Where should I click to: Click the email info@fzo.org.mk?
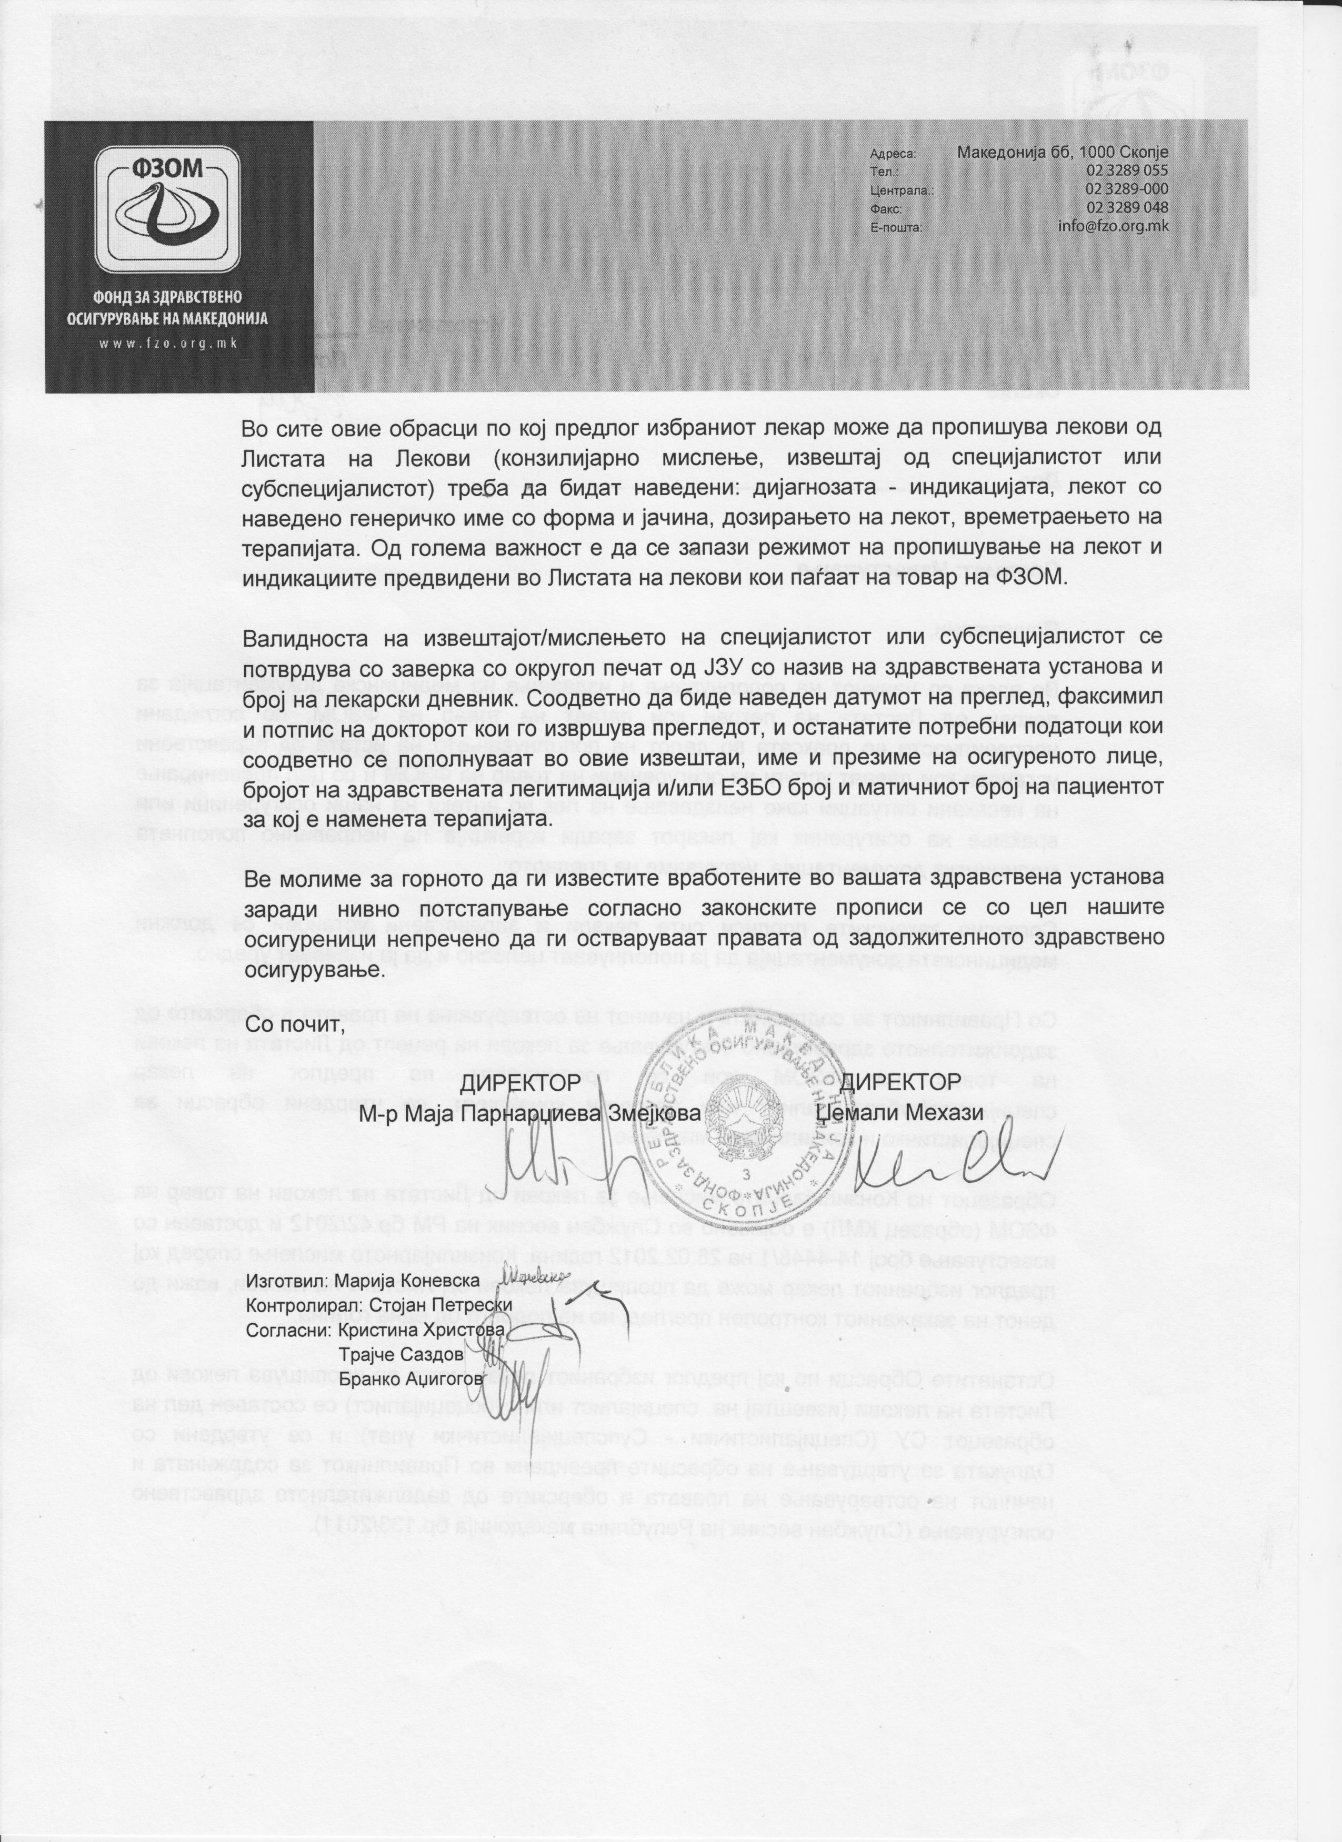1113,227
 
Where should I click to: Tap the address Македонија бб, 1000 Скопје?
1061,153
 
